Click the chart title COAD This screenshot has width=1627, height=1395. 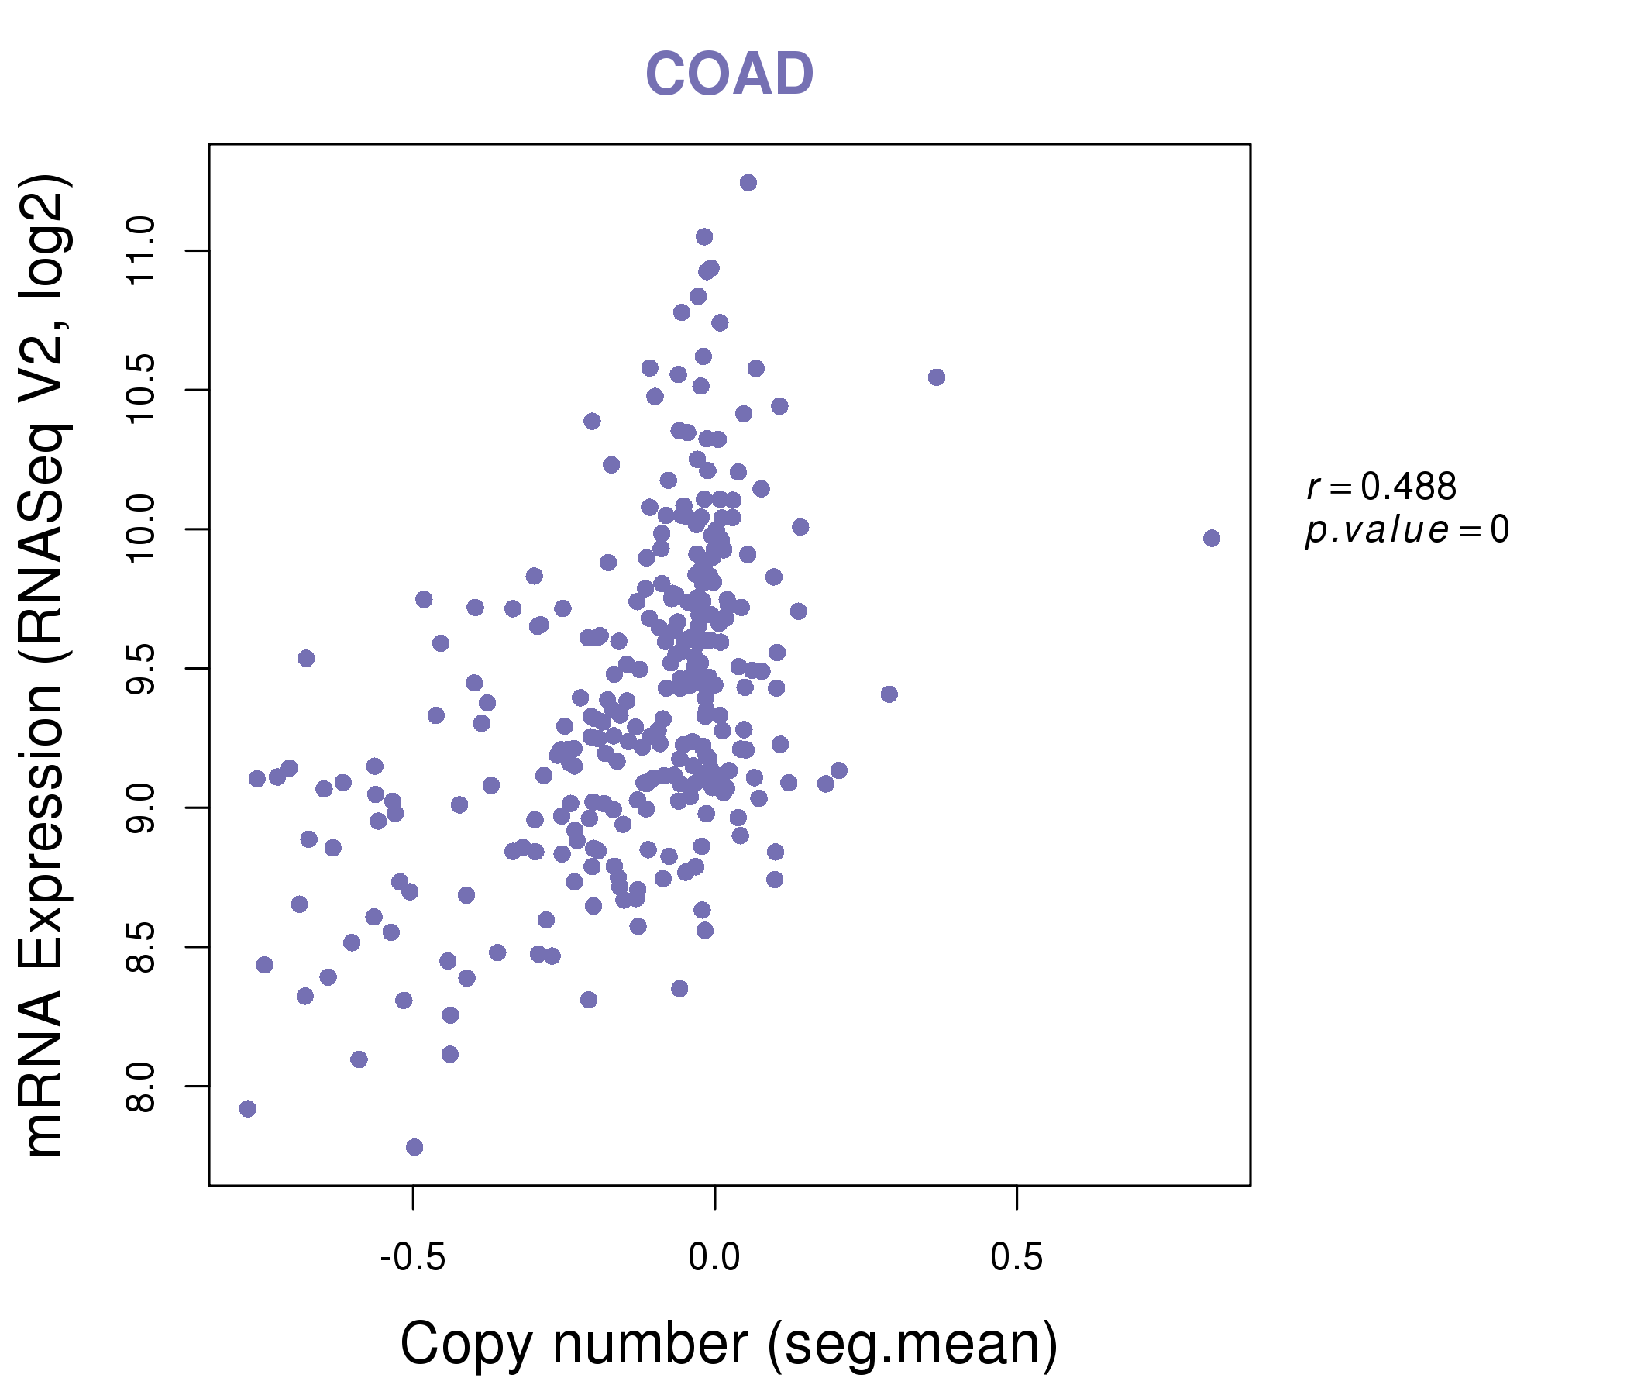(729, 74)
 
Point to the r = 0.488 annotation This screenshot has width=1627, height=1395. (1381, 487)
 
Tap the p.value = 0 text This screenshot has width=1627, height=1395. (1406, 530)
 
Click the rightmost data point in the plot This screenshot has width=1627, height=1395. (1211, 538)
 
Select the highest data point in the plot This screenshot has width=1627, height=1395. (748, 183)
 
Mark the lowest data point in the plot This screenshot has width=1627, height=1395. (414, 1147)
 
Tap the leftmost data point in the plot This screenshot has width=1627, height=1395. (247, 1108)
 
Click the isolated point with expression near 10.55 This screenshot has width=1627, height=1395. (936, 377)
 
